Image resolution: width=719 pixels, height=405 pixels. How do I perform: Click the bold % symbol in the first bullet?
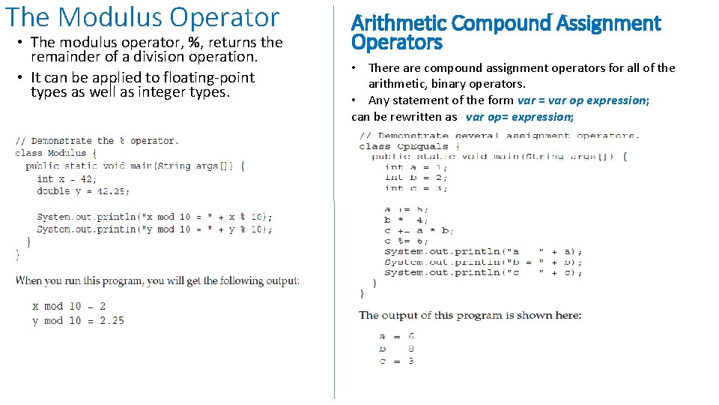(x=195, y=43)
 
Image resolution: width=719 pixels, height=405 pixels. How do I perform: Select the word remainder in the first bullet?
(x=66, y=57)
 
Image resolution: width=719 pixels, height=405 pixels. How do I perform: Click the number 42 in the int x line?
(x=88, y=179)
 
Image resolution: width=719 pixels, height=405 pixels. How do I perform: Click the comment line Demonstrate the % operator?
(x=96, y=140)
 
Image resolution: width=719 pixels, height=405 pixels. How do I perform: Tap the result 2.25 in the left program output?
(x=111, y=320)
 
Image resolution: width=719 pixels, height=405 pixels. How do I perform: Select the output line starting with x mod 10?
(x=69, y=306)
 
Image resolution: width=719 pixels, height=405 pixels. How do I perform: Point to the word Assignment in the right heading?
(x=608, y=24)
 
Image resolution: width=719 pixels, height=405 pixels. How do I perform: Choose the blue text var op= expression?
(x=520, y=117)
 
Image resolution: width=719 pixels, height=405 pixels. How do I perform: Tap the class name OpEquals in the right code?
(x=422, y=146)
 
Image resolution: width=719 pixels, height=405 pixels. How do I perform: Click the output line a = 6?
(x=397, y=337)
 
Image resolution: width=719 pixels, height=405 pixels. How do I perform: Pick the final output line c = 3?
(x=397, y=361)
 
